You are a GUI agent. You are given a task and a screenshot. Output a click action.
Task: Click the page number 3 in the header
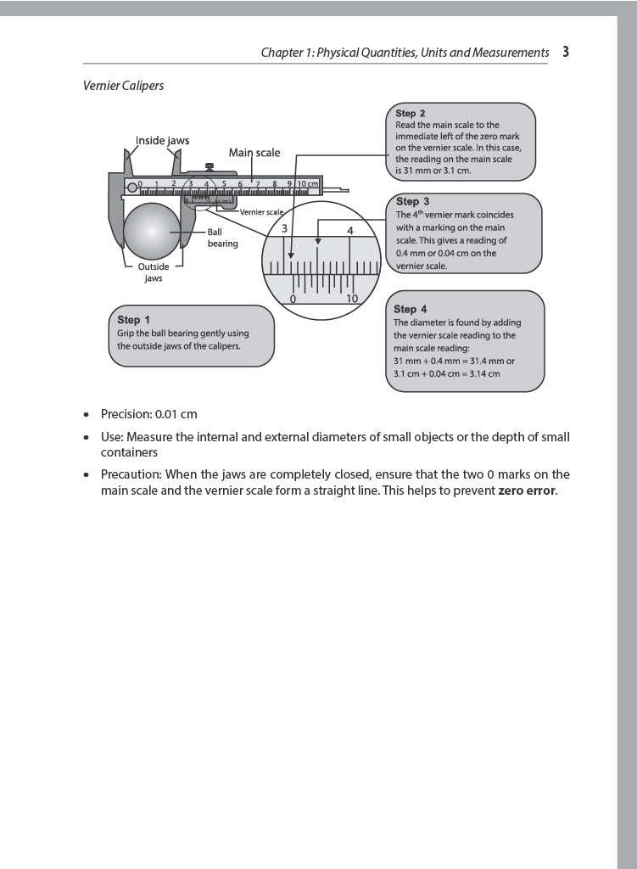click(565, 52)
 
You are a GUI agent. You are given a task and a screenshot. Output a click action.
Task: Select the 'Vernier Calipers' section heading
click(123, 86)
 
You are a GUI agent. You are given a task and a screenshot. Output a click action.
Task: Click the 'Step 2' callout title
click(411, 113)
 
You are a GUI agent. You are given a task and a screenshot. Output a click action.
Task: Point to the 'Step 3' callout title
click(412, 202)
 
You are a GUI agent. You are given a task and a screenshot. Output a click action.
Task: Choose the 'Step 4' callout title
click(411, 309)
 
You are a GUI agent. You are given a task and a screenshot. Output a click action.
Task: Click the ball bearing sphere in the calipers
click(153, 234)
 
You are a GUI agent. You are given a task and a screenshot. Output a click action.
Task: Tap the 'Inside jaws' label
click(163, 140)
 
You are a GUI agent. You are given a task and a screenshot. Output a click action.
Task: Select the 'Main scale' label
click(254, 153)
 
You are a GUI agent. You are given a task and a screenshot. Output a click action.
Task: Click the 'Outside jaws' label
click(154, 272)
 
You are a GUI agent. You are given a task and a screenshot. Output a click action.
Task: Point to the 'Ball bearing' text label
click(222, 238)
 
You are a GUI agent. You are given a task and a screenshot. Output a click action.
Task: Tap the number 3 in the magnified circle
click(285, 229)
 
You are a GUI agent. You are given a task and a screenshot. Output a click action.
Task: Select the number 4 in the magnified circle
click(350, 230)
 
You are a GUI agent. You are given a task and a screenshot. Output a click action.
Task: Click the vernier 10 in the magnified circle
click(352, 299)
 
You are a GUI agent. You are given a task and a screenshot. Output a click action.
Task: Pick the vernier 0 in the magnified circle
click(293, 299)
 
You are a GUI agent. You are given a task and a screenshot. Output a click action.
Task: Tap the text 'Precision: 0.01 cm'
click(148, 414)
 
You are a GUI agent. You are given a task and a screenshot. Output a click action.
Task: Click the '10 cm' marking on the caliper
click(307, 183)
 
